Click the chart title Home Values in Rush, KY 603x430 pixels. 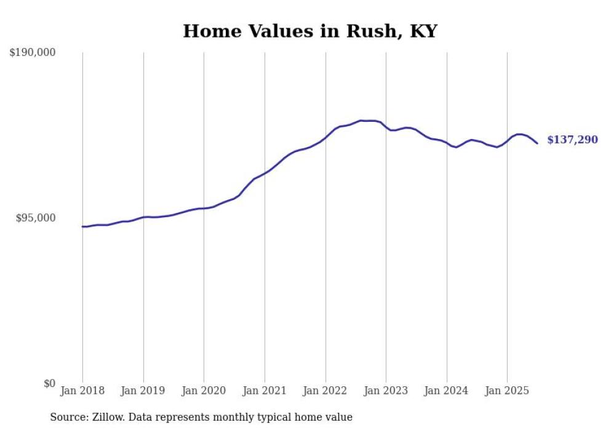click(x=309, y=31)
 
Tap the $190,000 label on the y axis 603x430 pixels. click(x=33, y=53)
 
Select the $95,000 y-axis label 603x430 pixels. click(x=35, y=218)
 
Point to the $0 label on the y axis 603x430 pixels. click(x=49, y=384)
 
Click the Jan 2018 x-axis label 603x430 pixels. click(x=82, y=391)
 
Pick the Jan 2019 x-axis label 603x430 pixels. click(x=143, y=391)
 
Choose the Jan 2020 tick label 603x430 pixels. click(x=204, y=391)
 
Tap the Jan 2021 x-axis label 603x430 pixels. click(x=265, y=391)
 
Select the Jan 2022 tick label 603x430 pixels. click(x=325, y=391)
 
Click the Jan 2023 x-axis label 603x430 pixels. click(x=386, y=391)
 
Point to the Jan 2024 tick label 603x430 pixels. click(x=447, y=391)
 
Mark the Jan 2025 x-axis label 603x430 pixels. click(x=507, y=391)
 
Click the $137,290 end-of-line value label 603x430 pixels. click(x=572, y=140)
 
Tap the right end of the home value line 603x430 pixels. click(x=537, y=143)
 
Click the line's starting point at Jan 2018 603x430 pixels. click(x=82, y=226)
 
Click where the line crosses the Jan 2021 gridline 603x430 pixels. click(x=265, y=172)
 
